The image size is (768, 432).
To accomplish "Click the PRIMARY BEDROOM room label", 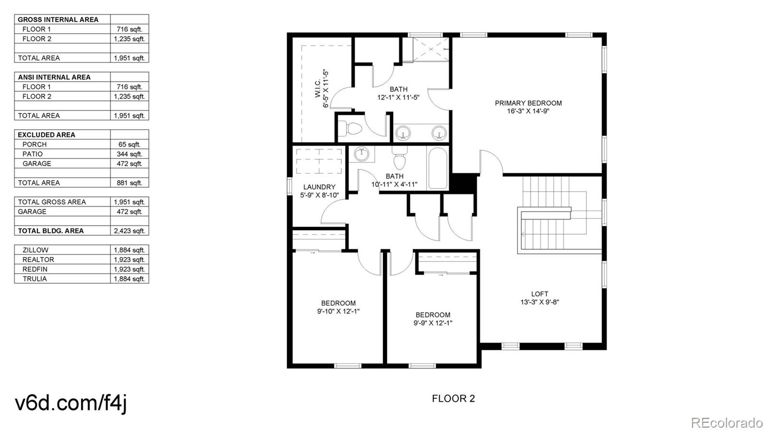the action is [528, 103].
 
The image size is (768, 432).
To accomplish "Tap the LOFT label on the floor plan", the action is [540, 294].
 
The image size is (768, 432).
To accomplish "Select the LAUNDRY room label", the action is [319, 187].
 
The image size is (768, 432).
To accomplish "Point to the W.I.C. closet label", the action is [317, 88].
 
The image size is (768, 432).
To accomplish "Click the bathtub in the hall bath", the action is [438, 169].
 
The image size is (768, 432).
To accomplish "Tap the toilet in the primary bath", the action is [353, 129].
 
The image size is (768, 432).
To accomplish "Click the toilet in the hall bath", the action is [399, 159].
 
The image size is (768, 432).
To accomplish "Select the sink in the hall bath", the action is [361, 154].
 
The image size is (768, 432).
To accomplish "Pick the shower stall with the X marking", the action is [431, 50].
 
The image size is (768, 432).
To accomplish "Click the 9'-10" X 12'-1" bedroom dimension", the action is [338, 311].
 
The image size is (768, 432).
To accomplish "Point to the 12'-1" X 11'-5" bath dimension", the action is [398, 98].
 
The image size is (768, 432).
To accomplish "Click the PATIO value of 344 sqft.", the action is [129, 154].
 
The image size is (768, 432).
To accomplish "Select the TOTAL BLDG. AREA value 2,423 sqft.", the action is [129, 231].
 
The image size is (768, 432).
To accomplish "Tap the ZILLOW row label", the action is [36, 250].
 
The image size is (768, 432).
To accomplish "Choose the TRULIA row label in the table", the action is [35, 279].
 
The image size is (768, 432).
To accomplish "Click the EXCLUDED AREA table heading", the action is [46, 135].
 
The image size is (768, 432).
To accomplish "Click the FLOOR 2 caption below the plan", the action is [453, 398].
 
